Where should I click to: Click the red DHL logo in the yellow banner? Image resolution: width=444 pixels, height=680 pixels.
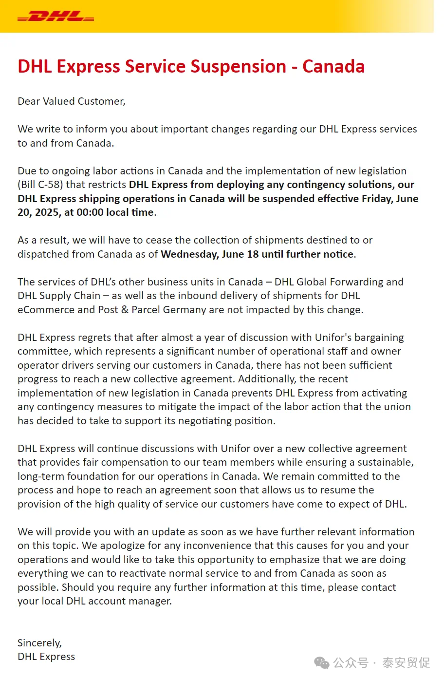[x=55, y=17]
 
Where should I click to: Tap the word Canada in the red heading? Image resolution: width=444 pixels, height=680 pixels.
[x=333, y=66]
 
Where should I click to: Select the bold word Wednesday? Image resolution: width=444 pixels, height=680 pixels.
[x=189, y=254]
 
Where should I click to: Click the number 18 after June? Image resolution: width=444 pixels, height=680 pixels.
[x=253, y=254]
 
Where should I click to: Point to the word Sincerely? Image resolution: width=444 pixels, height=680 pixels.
[x=39, y=643]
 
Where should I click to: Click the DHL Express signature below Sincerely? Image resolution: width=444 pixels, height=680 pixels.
[x=46, y=657]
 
